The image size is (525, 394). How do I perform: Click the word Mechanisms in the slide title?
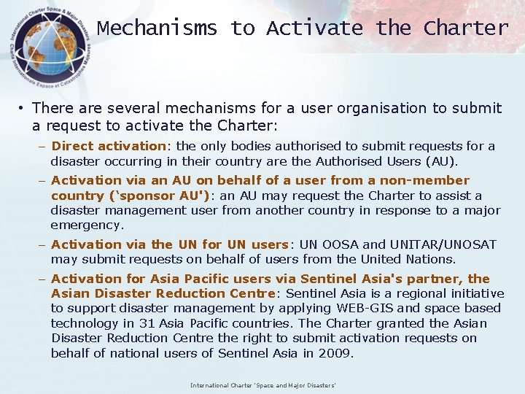click(157, 28)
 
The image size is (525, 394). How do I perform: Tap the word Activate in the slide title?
click(314, 28)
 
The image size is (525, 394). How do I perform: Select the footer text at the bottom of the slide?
click(262, 385)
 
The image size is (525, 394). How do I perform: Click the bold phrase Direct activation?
click(109, 146)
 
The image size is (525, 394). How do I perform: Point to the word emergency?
click(87, 225)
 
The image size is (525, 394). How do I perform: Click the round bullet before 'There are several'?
click(23, 109)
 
